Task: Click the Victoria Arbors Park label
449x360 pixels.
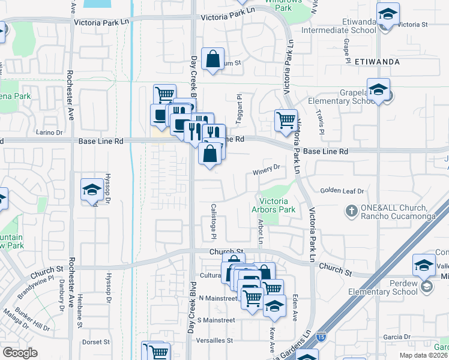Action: click(278, 205)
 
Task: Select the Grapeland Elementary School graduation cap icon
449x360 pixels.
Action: click(378, 91)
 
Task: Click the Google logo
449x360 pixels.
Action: click(20, 353)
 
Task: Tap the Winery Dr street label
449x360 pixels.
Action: click(267, 167)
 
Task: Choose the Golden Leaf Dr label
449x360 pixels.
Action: click(342, 191)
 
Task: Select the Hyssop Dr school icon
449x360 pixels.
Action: click(92, 190)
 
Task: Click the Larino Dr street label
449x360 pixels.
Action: click(49, 132)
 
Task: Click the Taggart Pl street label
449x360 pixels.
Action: click(239, 109)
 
